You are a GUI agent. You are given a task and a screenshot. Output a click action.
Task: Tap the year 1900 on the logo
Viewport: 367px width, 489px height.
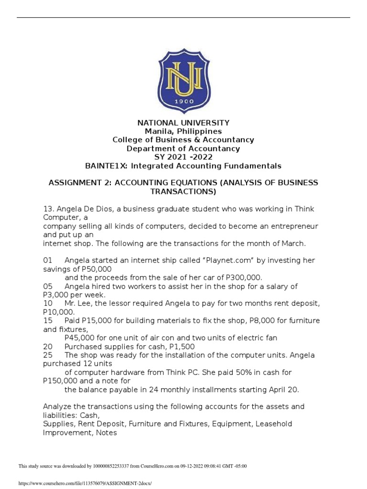coord(183,102)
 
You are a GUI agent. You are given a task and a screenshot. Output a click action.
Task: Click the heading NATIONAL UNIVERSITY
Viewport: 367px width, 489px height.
coord(183,123)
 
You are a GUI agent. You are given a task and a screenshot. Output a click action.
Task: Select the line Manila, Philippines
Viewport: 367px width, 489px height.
coord(183,131)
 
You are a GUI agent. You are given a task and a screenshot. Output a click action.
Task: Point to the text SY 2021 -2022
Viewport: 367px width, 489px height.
coord(183,157)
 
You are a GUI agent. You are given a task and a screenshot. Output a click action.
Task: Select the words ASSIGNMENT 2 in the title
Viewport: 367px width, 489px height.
coord(78,183)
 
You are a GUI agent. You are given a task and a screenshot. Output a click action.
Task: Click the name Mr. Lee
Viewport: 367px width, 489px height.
coord(79,304)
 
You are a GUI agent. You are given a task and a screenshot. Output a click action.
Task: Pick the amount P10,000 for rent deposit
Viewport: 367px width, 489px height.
coord(59,312)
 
